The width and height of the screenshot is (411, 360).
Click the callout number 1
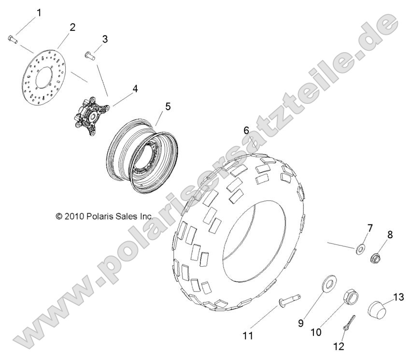tap(39, 13)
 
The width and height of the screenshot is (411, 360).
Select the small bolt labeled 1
tap(13, 39)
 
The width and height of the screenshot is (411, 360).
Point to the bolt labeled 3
tap(90, 56)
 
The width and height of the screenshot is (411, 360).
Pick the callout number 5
tap(168, 106)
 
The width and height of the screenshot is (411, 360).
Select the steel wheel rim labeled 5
tap(142, 156)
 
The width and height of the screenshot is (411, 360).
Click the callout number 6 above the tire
tap(246, 130)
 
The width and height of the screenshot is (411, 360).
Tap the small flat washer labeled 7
tap(361, 248)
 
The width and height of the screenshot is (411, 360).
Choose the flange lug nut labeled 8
tap(376, 257)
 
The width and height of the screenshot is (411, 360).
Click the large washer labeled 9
tap(329, 282)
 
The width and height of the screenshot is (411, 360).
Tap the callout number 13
tap(398, 297)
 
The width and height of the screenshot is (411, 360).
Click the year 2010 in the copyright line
tap(74, 216)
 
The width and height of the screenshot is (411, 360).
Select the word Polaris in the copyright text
tap(99, 216)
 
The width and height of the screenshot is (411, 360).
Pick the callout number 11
tap(248, 336)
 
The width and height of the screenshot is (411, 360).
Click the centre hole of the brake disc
tap(44, 77)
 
